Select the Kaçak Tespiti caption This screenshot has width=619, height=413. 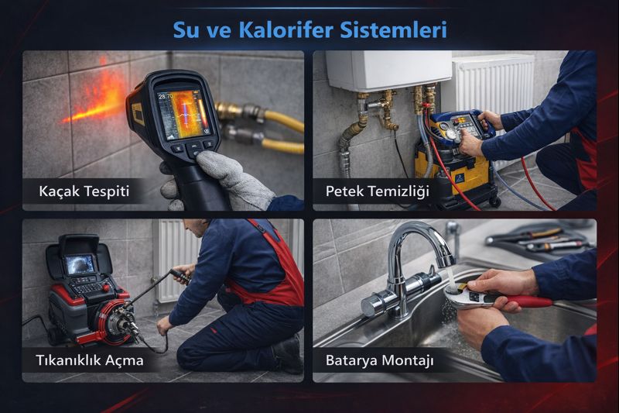pos(84,191)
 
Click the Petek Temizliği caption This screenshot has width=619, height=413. pos(377,191)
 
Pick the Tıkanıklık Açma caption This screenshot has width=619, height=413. pos(90,360)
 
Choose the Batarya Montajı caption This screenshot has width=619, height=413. pos(379,360)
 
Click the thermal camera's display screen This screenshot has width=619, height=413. pos(183,114)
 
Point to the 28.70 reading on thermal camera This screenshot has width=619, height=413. pos(166,96)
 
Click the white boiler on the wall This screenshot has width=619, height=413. pos(388,71)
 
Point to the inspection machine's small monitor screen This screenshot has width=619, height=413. pos(80,264)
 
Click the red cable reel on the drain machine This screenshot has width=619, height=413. pos(112,320)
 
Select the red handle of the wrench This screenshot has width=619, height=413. pos(530,301)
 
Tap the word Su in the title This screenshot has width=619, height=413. pos(186,29)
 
